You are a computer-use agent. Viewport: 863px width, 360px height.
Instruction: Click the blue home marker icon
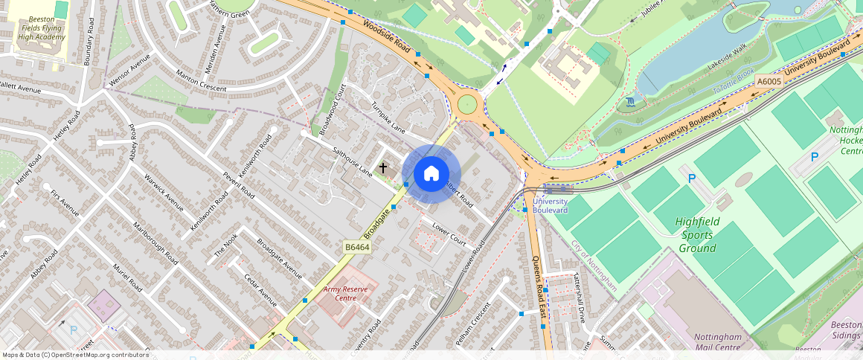(431, 174)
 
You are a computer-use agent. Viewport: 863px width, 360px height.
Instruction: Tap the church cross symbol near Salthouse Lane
(383, 168)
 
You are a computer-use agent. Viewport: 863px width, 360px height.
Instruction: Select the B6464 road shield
(356, 247)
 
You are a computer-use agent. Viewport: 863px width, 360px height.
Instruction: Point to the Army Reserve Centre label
(346, 293)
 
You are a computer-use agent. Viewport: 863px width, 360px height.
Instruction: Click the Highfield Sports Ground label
(696, 235)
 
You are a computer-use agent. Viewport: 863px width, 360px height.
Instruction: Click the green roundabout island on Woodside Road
(467, 103)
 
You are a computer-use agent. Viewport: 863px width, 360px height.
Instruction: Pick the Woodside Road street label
(387, 36)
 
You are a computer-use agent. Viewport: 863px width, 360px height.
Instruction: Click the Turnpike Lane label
(388, 117)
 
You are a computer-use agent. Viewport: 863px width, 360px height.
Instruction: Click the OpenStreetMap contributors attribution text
(76, 355)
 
